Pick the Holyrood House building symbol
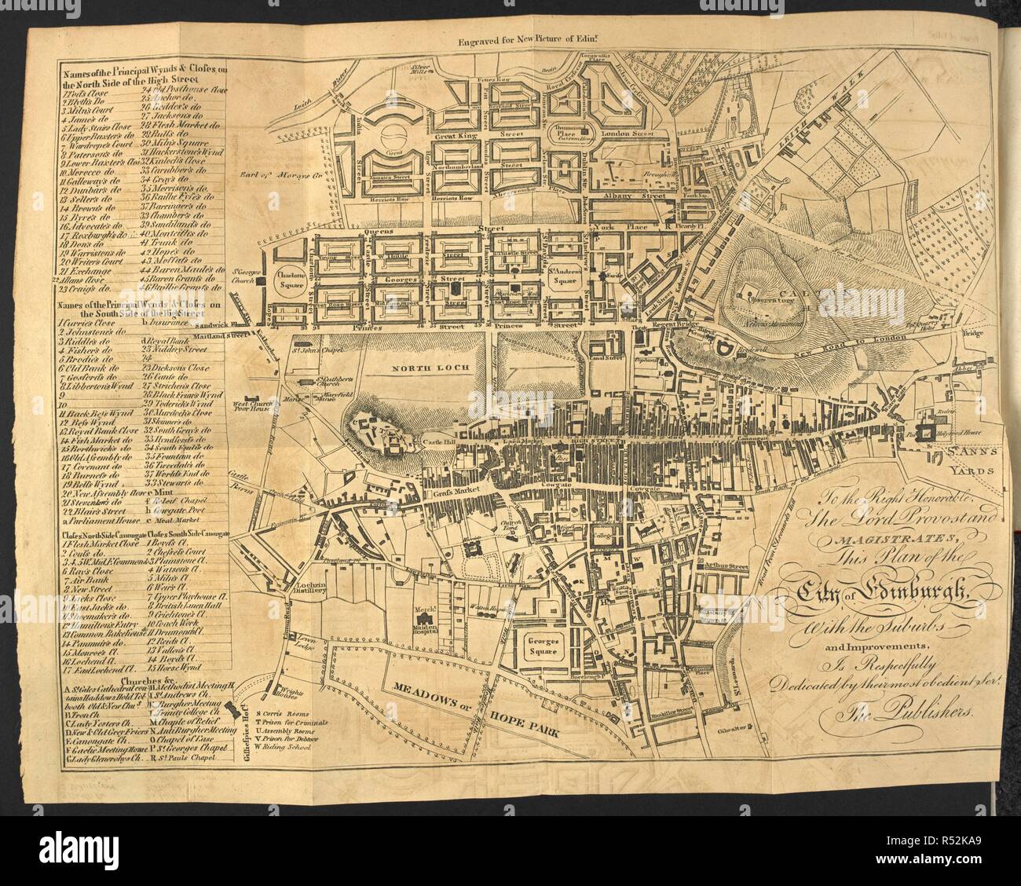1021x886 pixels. click(x=927, y=431)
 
